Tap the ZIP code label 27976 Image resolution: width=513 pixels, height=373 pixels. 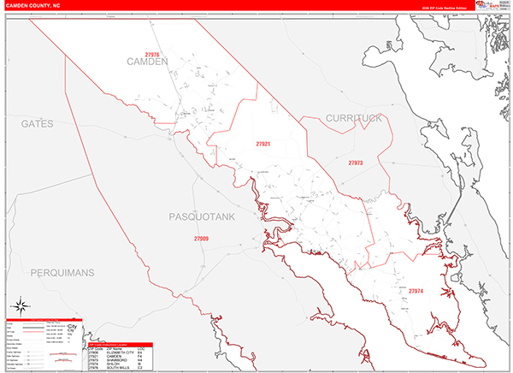(x=152, y=55)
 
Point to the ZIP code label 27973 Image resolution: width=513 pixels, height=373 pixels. (x=355, y=163)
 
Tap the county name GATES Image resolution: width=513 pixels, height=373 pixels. (x=38, y=124)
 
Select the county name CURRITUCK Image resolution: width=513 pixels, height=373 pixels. (x=353, y=118)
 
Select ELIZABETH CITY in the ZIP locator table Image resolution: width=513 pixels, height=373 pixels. (x=119, y=352)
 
